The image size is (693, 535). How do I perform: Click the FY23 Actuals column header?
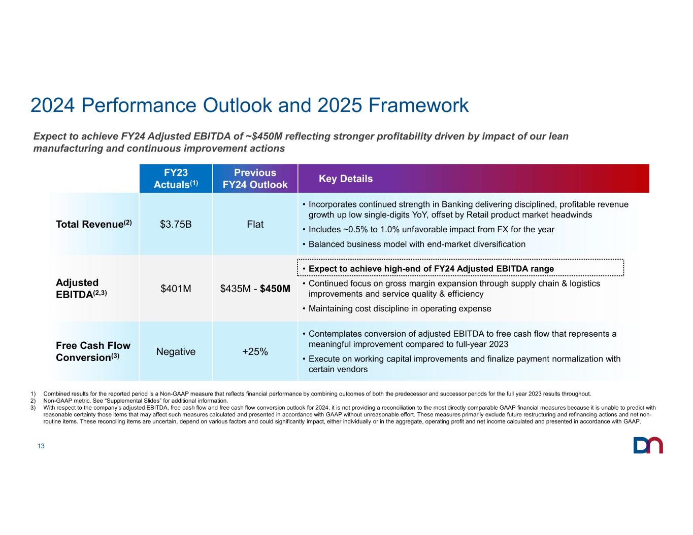pyautogui.click(x=176, y=179)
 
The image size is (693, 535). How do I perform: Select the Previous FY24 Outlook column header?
pyautogui.click(x=255, y=179)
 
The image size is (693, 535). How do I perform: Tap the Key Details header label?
pyautogui.click(x=346, y=179)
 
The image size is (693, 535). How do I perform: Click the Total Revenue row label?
pyautogui.click(x=94, y=224)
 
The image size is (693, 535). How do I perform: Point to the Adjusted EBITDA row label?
pyautogui.click(x=82, y=288)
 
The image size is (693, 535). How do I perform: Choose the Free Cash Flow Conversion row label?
pyautogui.click(x=93, y=351)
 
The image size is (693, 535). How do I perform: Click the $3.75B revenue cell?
pyautogui.click(x=176, y=224)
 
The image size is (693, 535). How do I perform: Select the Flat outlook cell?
pyautogui.click(x=255, y=224)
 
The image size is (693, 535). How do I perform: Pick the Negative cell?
pyautogui.click(x=176, y=351)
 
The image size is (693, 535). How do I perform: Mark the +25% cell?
pyautogui.click(x=255, y=351)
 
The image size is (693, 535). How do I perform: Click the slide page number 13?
pyautogui.click(x=41, y=446)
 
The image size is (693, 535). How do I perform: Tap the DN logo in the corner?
pyautogui.click(x=648, y=445)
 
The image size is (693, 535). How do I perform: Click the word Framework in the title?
pyautogui.click(x=419, y=105)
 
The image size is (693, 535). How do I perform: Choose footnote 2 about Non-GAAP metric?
pyautogui.click(x=136, y=400)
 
